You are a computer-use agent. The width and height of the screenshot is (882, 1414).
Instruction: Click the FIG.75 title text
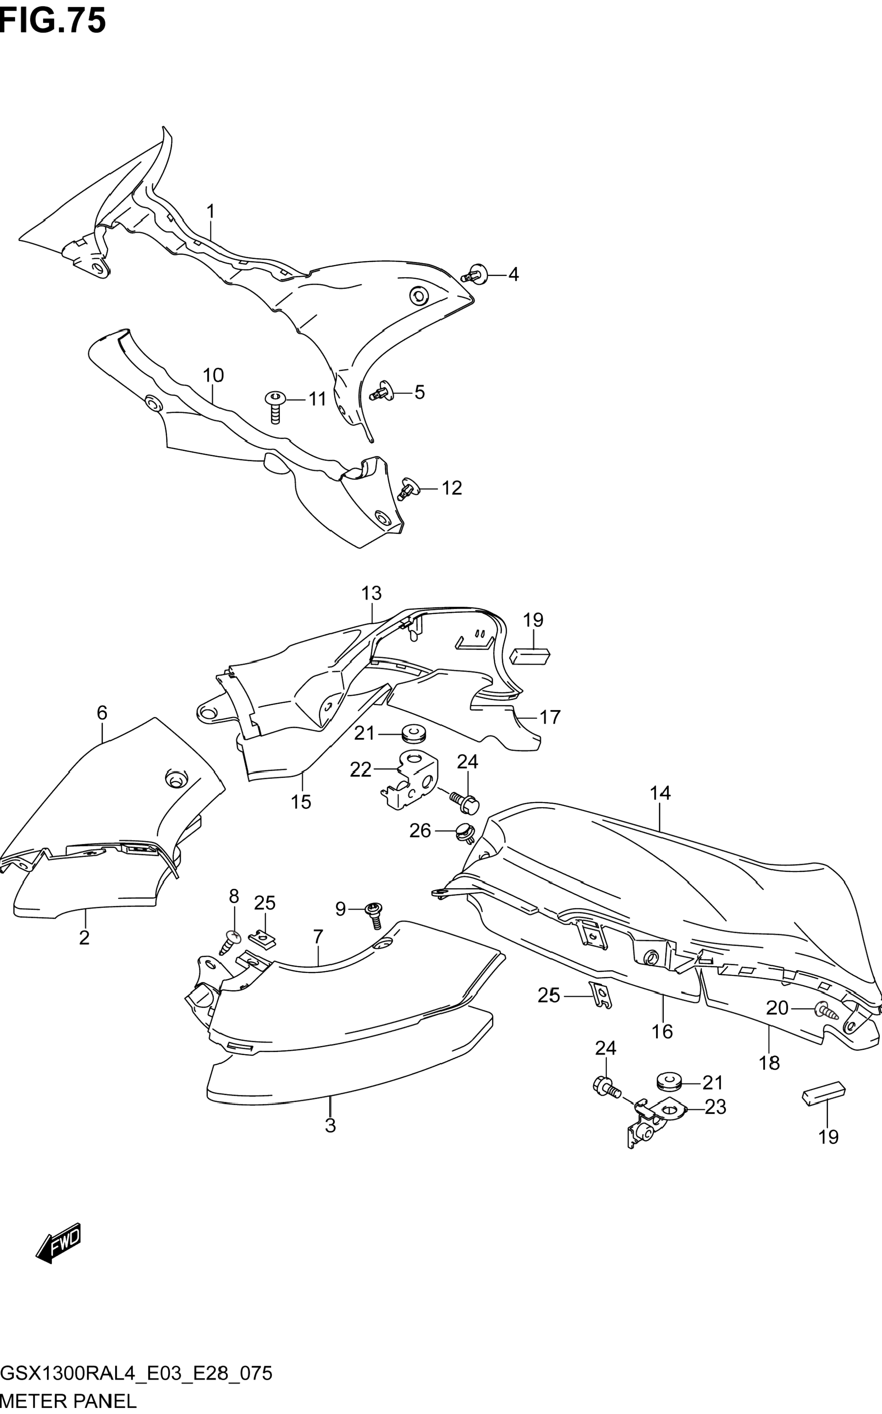point(53,21)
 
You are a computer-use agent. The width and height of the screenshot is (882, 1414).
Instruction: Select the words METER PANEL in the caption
point(68,1400)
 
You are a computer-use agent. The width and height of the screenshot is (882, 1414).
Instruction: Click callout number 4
point(513,274)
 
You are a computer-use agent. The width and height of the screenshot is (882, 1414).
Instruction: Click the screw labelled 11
point(275,406)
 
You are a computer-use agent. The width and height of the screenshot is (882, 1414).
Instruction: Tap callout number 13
point(371,593)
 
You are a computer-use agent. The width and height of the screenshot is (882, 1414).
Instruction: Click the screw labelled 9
point(374,912)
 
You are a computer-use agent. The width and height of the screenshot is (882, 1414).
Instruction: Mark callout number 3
point(330,1125)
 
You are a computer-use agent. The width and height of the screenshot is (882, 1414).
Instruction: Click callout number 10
point(213,375)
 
